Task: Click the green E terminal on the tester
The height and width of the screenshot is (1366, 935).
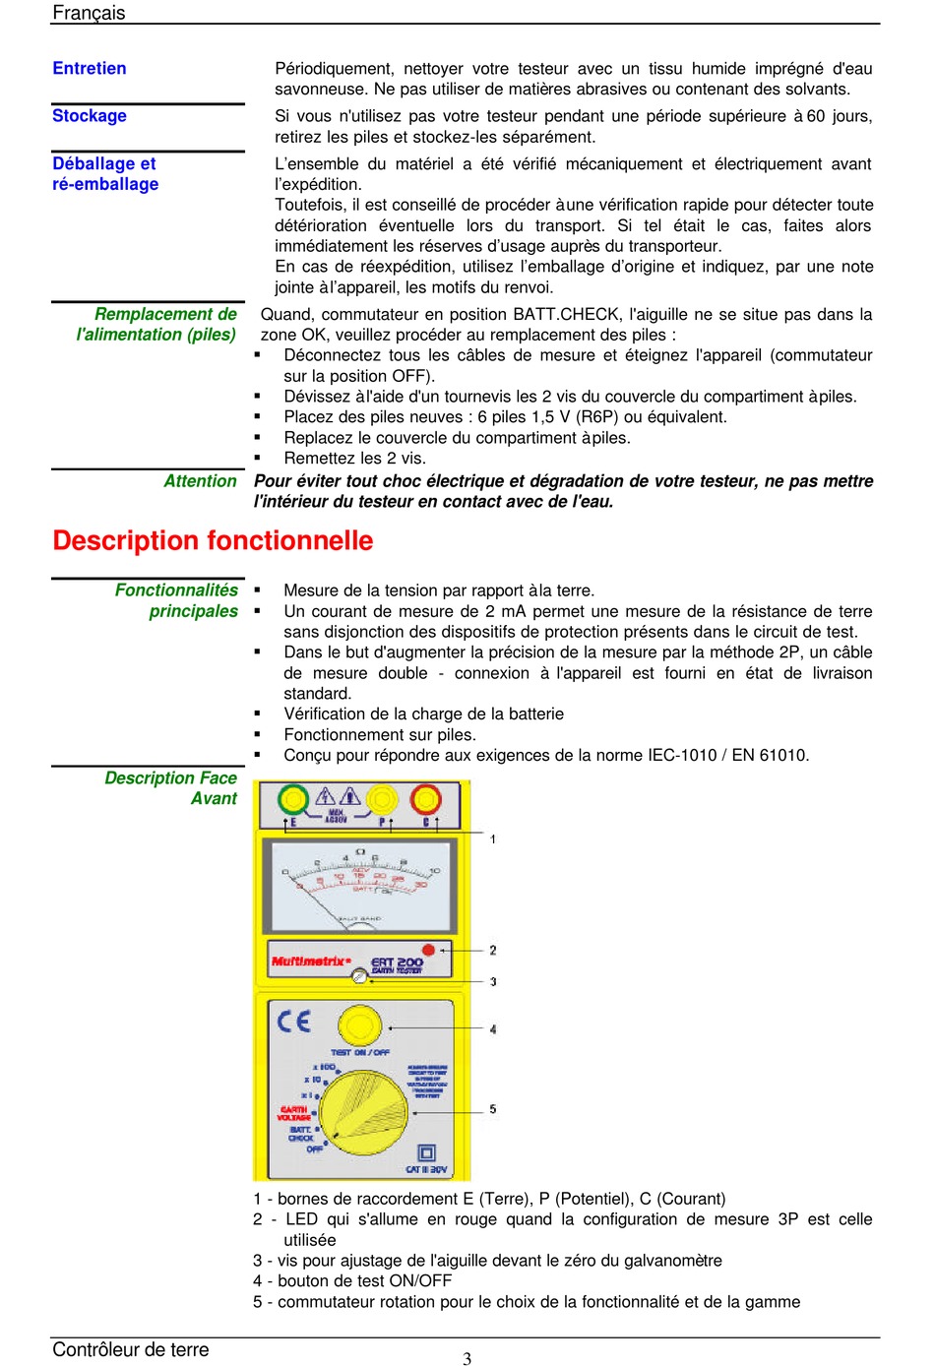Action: click(292, 799)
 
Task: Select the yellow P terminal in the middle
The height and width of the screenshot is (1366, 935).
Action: click(382, 799)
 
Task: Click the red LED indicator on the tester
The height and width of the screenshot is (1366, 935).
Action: click(428, 951)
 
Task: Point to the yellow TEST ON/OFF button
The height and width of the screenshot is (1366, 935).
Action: click(360, 1025)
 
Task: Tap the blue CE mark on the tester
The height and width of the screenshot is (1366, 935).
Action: click(293, 1021)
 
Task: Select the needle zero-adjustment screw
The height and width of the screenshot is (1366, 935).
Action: click(359, 976)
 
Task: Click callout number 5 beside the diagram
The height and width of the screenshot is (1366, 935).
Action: click(493, 1109)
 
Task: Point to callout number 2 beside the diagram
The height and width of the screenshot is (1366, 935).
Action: click(493, 950)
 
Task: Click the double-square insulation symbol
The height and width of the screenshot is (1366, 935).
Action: click(426, 1152)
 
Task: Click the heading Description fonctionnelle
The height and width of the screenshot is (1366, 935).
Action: click(213, 540)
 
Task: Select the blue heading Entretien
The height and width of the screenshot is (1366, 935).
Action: click(90, 68)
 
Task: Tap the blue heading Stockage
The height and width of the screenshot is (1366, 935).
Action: click(90, 115)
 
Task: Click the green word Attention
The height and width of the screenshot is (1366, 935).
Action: click(200, 480)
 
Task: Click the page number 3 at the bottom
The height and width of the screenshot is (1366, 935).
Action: click(467, 1358)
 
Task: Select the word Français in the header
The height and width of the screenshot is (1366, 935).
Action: click(89, 13)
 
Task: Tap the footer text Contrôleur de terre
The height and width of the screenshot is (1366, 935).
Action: click(131, 1349)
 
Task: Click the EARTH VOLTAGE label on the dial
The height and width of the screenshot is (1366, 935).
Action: click(293, 1113)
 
